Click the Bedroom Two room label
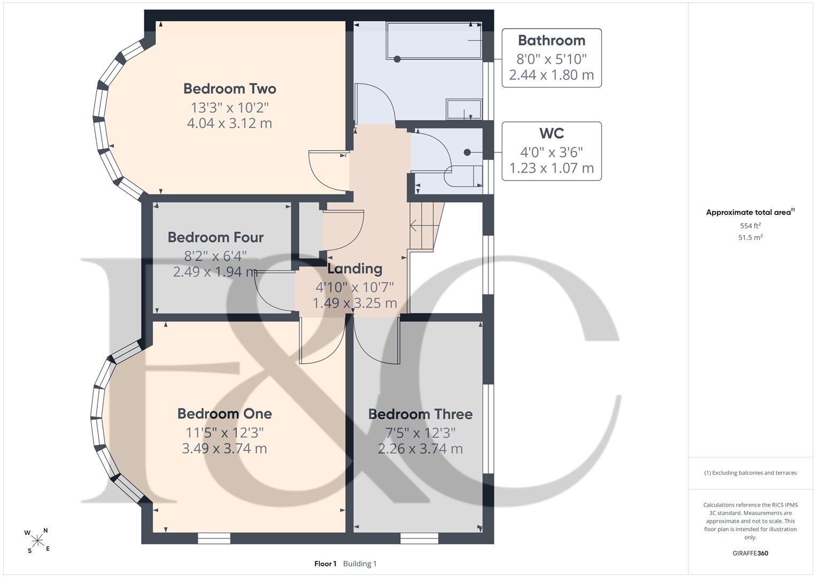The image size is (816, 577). click(x=229, y=89)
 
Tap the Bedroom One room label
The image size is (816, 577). click(x=224, y=414)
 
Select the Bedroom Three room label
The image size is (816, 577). click(x=420, y=414)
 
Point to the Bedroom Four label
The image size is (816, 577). click(x=215, y=238)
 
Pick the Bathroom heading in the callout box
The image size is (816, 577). click(x=551, y=41)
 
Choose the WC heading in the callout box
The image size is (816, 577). click(x=551, y=134)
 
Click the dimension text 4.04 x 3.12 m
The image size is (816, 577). click(x=229, y=123)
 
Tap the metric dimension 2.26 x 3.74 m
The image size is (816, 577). click(x=420, y=448)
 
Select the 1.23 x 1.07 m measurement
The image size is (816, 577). click(x=551, y=168)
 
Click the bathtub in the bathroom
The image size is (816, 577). click(x=434, y=41)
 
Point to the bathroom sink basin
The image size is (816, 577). click(x=464, y=109)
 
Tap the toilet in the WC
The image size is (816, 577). click(x=463, y=176)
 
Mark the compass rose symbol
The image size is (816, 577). click(x=37, y=541)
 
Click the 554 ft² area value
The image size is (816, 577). click(x=750, y=225)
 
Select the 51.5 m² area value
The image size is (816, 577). click(x=750, y=237)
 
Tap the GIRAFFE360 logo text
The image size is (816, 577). click(x=750, y=553)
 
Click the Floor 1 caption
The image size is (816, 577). click(x=325, y=564)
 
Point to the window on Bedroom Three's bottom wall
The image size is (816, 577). click(x=419, y=539)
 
